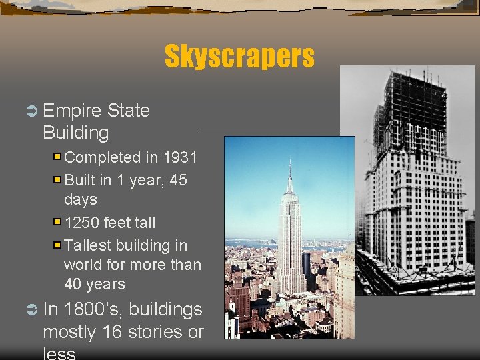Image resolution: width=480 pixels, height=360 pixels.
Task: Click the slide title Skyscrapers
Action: [x=239, y=57]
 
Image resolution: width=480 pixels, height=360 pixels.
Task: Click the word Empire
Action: [x=70, y=111]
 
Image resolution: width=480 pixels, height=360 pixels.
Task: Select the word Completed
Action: [x=103, y=158]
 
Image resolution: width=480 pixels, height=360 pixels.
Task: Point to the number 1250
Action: [x=83, y=222]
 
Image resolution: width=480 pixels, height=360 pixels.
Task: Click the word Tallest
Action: [x=91, y=245]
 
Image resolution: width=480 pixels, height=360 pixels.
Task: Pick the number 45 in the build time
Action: [x=179, y=181]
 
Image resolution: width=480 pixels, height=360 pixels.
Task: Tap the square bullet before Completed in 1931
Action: [x=58, y=158]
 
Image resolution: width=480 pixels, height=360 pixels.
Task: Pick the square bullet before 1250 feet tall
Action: [x=58, y=222]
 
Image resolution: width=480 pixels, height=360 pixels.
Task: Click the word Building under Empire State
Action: [x=75, y=133]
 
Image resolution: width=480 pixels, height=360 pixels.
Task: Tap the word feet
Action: [x=121, y=222]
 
